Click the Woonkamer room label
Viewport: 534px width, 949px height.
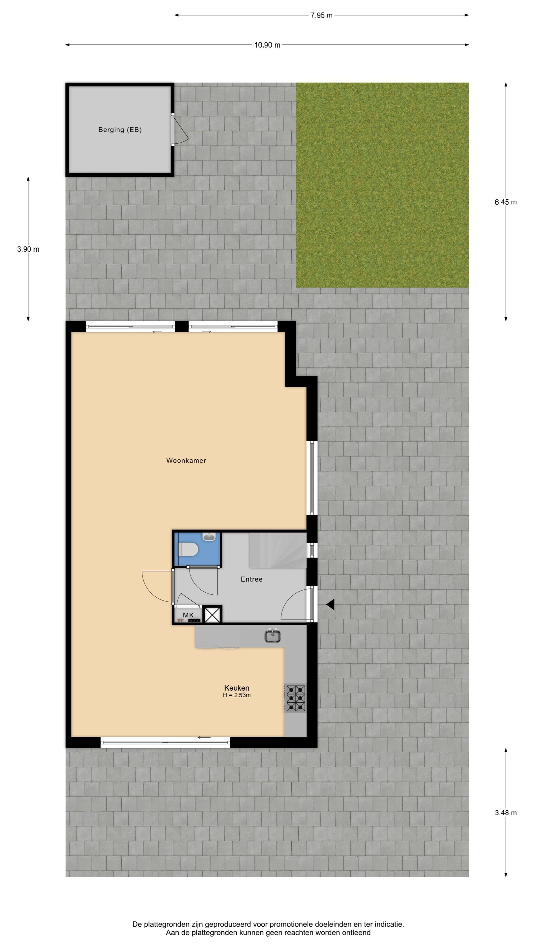click(x=186, y=461)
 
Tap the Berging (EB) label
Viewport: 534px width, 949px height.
click(x=120, y=130)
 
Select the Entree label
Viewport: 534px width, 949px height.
click(x=252, y=579)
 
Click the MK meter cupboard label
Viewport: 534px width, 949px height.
click(x=188, y=615)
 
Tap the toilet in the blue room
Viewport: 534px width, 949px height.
click(x=188, y=550)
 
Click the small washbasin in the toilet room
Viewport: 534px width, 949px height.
click(x=209, y=537)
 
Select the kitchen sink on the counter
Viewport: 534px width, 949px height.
click(x=273, y=636)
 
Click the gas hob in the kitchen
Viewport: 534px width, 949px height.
click(x=295, y=698)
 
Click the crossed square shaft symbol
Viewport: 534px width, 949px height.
click(x=213, y=615)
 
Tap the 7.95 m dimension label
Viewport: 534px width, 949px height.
click(x=321, y=15)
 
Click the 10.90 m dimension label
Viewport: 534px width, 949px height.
click(x=267, y=45)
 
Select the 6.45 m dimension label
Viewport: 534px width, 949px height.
click(x=506, y=202)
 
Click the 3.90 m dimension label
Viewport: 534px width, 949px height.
click(x=28, y=249)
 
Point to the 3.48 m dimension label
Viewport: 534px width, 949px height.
click(x=506, y=813)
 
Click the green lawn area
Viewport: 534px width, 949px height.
click(x=382, y=185)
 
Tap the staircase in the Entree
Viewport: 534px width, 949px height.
click(x=278, y=550)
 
